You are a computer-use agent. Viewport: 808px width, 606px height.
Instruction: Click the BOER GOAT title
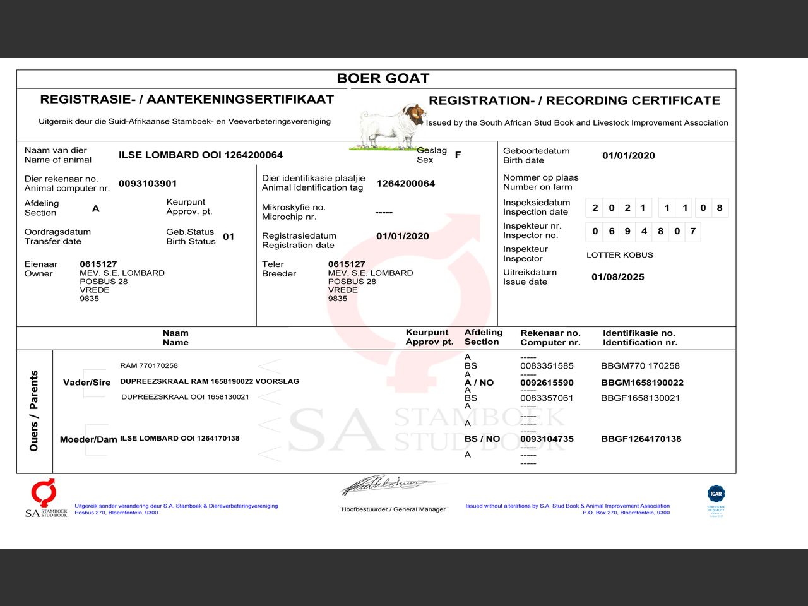click(x=383, y=78)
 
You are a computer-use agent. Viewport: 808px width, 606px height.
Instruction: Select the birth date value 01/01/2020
click(x=628, y=156)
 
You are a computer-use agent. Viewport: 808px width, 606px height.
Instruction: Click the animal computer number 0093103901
click(x=148, y=184)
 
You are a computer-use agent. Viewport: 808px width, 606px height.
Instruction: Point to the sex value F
click(x=458, y=155)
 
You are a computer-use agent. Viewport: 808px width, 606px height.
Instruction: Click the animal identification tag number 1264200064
click(x=405, y=184)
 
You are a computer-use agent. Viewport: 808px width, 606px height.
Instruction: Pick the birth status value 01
click(x=229, y=237)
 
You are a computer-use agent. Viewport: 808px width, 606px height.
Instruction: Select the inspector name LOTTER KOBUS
click(x=619, y=255)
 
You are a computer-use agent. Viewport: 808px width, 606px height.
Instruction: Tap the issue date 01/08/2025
click(x=617, y=277)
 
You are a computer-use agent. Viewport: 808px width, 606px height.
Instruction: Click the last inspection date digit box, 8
click(x=719, y=208)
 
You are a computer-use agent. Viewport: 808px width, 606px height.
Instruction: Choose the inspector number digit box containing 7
click(x=692, y=231)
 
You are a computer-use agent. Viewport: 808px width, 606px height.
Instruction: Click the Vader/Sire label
click(x=86, y=383)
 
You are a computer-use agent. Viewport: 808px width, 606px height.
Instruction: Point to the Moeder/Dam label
click(x=88, y=439)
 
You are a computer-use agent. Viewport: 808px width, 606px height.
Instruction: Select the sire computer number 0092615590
click(x=547, y=383)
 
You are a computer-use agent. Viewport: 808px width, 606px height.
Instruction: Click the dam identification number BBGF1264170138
click(x=641, y=439)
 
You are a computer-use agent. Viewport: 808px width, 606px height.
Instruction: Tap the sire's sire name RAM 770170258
click(x=149, y=365)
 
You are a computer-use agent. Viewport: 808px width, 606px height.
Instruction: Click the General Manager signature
click(x=388, y=485)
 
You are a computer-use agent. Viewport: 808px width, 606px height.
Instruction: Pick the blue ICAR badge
click(x=716, y=494)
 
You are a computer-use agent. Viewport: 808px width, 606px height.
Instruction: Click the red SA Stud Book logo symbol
click(x=44, y=492)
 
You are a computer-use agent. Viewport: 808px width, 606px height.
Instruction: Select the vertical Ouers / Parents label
click(x=34, y=411)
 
